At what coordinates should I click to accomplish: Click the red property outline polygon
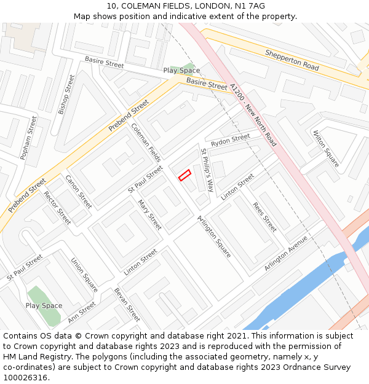coord(184,175)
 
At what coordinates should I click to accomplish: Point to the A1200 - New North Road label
coord(253,115)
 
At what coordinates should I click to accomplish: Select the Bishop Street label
coord(66,95)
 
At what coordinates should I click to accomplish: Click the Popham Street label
coord(29,138)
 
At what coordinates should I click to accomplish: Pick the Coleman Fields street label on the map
coord(146,143)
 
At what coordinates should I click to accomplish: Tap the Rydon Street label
coord(230,140)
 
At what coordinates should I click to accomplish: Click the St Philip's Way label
coord(207,169)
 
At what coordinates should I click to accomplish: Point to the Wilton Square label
coord(325,148)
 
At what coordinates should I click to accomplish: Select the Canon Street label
coord(79,191)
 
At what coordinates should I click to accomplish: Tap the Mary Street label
coord(149,214)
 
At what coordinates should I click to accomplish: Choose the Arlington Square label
coord(214,236)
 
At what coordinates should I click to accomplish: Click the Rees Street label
coord(265,217)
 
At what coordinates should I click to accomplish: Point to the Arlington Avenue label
coord(285,253)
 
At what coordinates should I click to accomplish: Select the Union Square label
coord(84,275)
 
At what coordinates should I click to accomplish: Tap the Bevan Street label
coord(127,304)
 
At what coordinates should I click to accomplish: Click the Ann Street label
coord(82,312)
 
